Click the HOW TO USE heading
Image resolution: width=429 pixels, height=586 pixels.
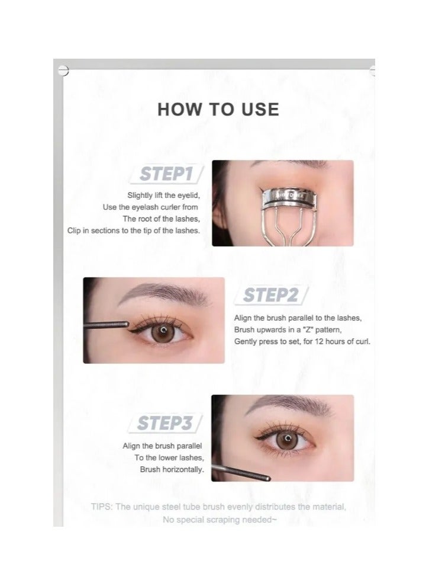tap(218, 109)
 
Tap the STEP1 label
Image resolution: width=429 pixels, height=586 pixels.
tap(167, 175)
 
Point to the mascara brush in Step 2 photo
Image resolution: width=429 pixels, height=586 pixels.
tap(107, 324)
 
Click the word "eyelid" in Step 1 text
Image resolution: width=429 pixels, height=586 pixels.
tap(188, 195)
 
